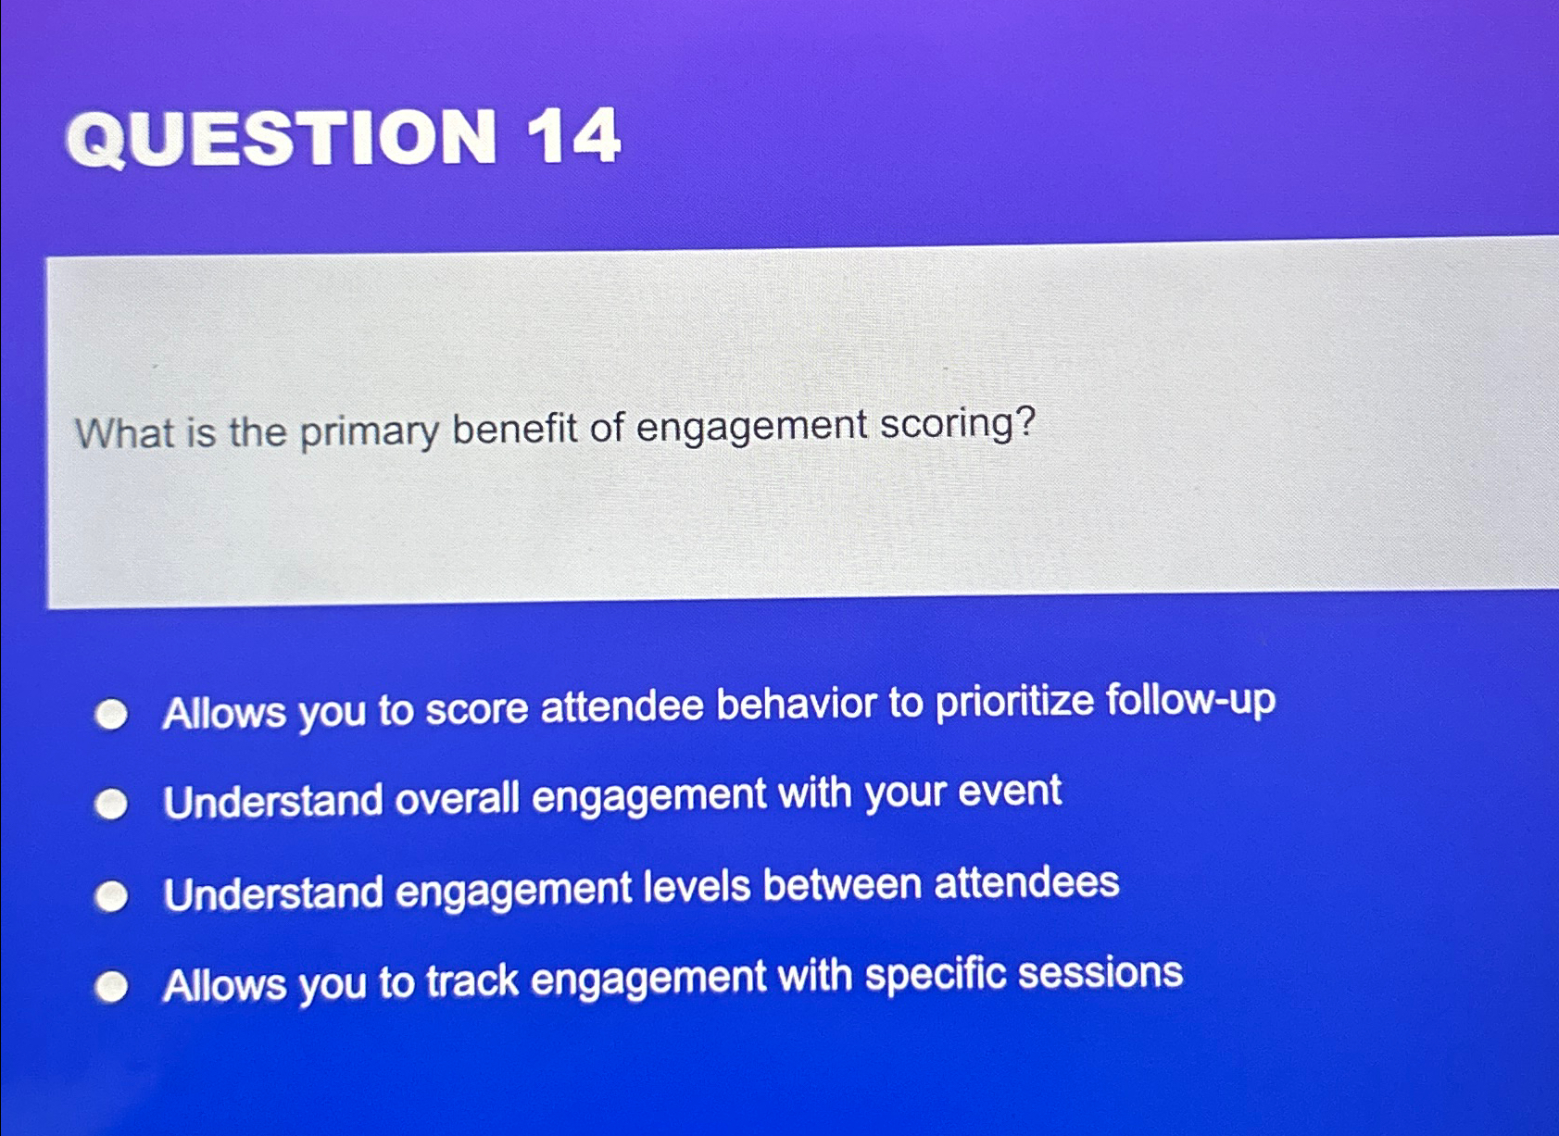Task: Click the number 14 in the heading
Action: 573,137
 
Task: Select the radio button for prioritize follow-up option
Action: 112,715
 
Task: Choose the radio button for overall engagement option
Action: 112,804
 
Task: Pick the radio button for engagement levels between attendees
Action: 112,896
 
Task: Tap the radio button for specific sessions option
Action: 112,987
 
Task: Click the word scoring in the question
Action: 956,424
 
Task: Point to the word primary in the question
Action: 369,432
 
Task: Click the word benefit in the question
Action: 514,429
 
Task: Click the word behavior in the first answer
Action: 796,705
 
